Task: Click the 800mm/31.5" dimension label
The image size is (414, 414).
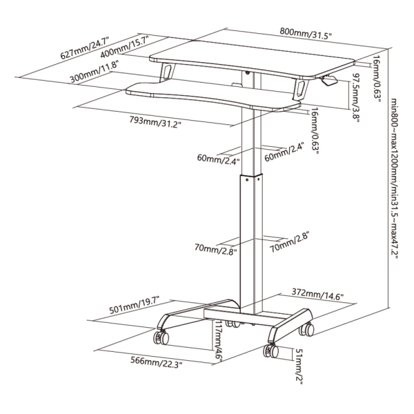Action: [x=306, y=33]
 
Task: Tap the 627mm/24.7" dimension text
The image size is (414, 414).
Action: [x=85, y=48]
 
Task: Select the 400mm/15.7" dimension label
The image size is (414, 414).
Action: [x=125, y=46]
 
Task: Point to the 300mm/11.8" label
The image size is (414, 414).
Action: [x=94, y=71]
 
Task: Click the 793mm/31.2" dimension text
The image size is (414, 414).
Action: [x=155, y=121]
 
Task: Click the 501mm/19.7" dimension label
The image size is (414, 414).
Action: [x=135, y=305]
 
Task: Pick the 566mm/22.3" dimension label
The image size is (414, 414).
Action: [x=157, y=362]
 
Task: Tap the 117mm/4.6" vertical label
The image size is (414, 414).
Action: [x=219, y=340]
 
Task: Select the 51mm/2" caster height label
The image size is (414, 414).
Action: [x=299, y=366]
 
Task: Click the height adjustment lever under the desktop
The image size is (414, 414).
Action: [x=328, y=80]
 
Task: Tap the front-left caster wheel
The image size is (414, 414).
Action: [x=161, y=337]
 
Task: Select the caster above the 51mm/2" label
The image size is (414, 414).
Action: [x=271, y=351]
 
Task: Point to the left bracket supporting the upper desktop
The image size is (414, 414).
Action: [x=166, y=71]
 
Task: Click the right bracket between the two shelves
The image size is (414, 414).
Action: [x=300, y=90]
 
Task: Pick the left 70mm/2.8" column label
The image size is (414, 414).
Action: [x=215, y=249]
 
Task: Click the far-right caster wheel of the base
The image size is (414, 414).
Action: [x=306, y=330]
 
